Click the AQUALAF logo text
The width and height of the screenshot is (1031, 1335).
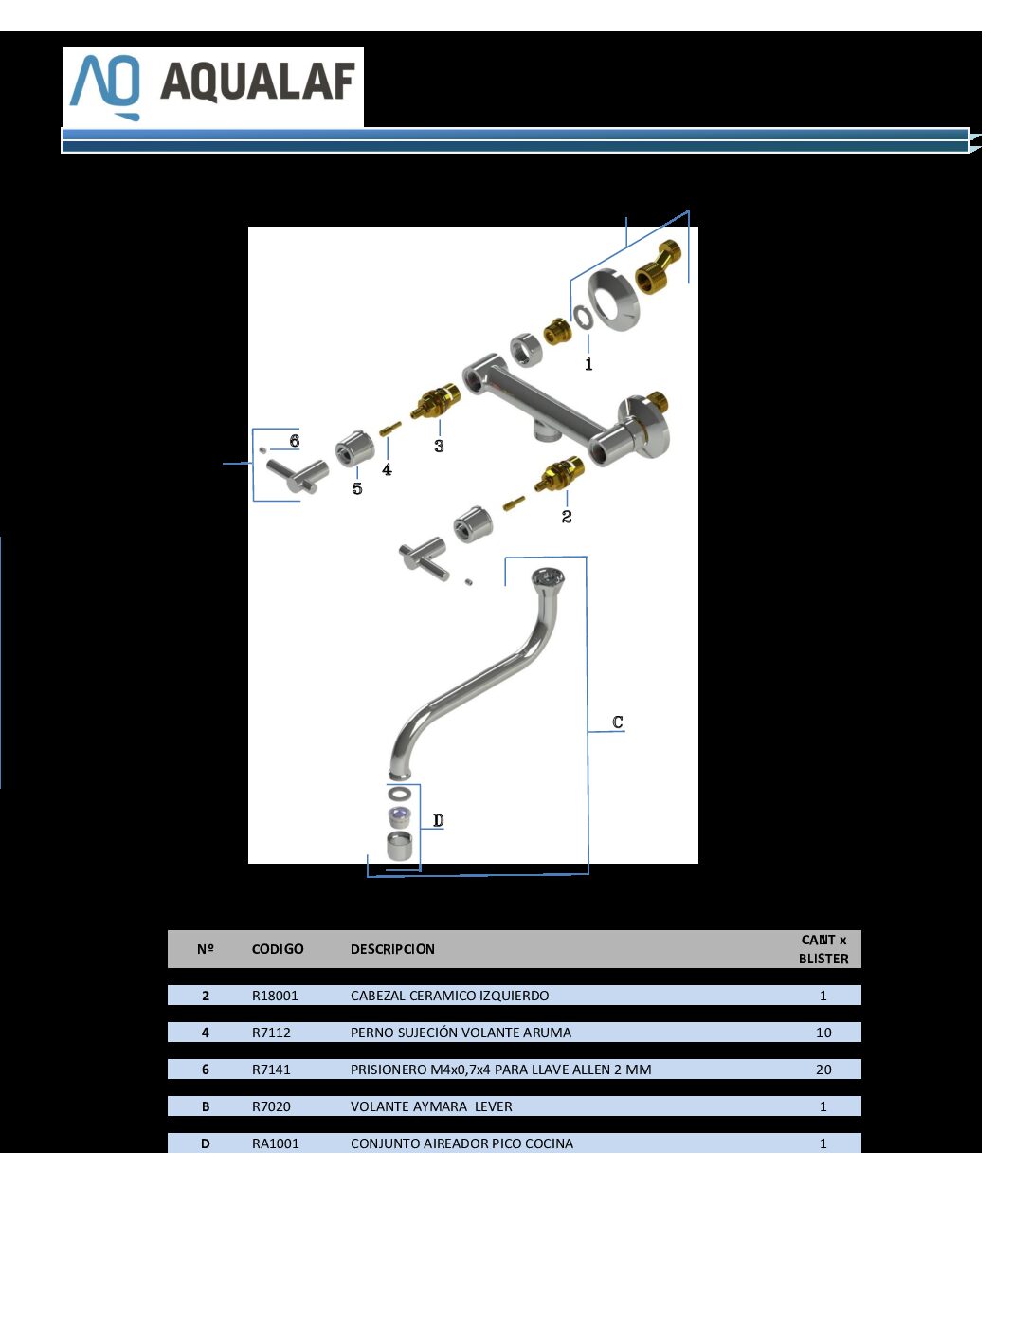point(258,82)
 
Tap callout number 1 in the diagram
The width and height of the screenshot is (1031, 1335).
point(588,364)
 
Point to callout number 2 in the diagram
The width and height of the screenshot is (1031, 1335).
point(566,516)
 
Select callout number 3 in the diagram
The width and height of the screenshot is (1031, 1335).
point(439,446)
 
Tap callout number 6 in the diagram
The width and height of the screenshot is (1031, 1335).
point(295,441)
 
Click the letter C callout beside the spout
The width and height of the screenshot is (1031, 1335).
point(617,722)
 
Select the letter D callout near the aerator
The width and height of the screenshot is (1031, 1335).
point(438,820)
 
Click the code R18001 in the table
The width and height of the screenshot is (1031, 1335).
point(275,996)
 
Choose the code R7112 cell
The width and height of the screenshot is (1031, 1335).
point(271,1033)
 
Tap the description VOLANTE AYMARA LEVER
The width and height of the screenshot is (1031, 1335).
point(431,1106)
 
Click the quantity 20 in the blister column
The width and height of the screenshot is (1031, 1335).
point(823,1069)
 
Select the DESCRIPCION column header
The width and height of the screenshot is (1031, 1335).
point(392,948)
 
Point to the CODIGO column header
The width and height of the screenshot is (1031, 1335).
point(278,948)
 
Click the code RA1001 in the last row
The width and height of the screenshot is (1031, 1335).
point(275,1143)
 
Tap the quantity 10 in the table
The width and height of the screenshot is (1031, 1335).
point(823,1033)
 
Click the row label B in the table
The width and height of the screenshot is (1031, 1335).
point(205,1106)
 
